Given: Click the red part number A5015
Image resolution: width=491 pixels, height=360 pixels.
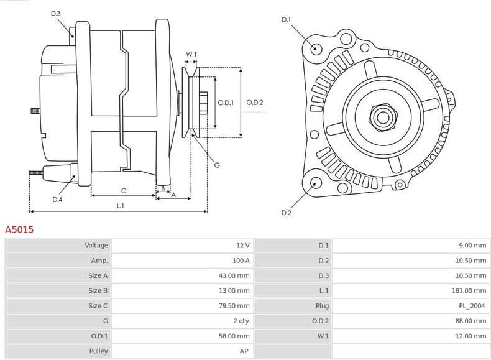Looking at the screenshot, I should coord(19,229).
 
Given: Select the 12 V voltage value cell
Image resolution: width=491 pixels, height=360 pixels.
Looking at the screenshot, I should coord(243,246).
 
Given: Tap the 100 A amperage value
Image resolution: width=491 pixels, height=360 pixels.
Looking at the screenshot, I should coord(241,261).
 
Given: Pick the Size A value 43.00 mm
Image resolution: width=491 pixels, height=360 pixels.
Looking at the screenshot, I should coord(236,275).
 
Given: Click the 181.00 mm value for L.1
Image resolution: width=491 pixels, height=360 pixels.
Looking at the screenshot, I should coord(472,290).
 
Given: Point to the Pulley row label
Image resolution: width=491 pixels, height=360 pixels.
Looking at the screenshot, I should coord(98,351).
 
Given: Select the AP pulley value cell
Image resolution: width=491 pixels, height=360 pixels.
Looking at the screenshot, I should coord(245,351).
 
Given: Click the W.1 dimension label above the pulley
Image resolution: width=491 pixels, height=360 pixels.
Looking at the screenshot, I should coord(191,55).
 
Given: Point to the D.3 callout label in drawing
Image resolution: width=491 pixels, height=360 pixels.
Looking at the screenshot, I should coord(55,13).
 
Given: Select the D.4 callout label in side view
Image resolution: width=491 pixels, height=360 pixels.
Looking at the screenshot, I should coord(57,200).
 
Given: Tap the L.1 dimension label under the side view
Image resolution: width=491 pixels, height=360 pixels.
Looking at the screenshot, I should coord(120,205).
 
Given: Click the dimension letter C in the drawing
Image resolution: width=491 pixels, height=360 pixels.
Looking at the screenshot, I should coord(123,190).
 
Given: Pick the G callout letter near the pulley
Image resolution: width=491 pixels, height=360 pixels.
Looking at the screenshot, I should coord(217,165).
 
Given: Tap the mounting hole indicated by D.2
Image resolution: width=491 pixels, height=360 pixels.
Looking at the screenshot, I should coord(316,183).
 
